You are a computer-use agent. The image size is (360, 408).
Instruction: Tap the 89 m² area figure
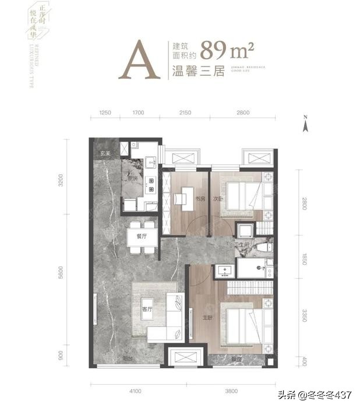(x=227, y=51)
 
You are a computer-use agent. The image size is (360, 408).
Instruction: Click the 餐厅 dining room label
(x=140, y=237)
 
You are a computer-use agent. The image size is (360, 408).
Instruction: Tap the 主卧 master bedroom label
(x=202, y=318)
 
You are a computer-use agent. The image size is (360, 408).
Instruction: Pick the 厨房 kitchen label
(x=133, y=180)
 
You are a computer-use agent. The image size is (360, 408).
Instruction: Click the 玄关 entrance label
(x=105, y=154)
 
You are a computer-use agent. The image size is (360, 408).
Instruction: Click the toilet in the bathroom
(x=263, y=247)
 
